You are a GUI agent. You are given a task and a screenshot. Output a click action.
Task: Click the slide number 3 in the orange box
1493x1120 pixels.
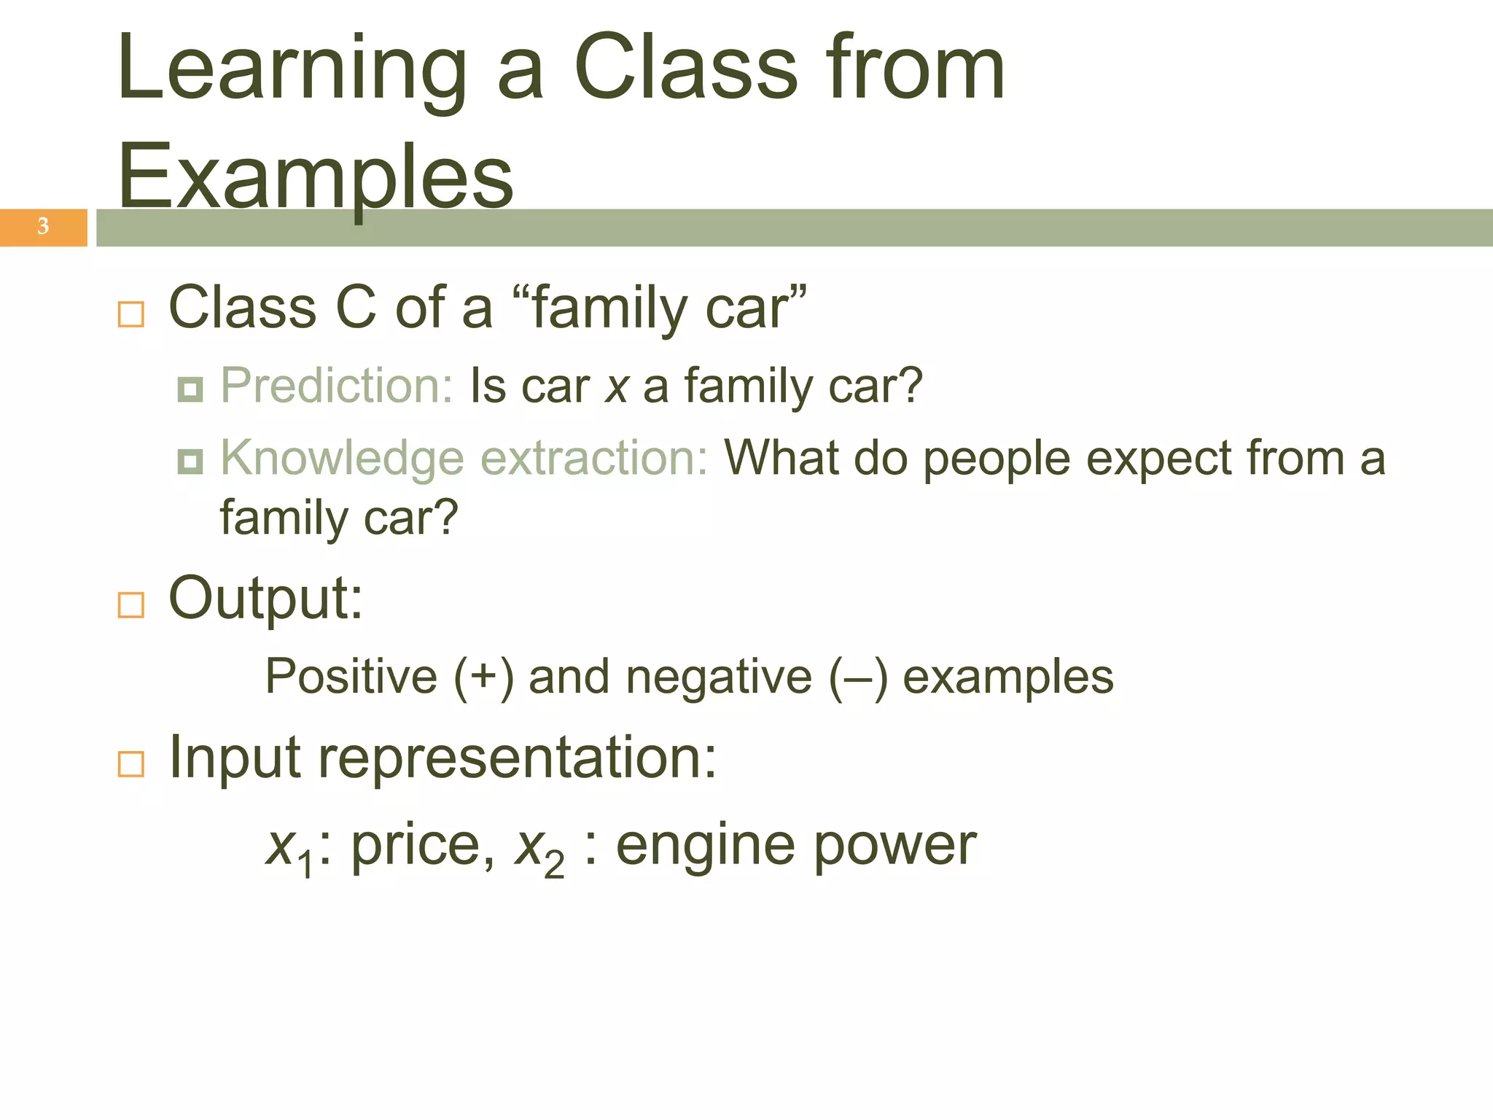pos(43,226)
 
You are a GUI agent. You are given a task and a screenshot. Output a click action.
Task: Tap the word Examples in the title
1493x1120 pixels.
pos(315,177)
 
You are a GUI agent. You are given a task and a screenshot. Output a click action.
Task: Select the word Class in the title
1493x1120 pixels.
pos(685,69)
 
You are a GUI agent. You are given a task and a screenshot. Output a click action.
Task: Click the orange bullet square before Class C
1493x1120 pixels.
pos(131,314)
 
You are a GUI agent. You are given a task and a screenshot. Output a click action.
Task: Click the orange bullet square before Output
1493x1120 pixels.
pos(131,604)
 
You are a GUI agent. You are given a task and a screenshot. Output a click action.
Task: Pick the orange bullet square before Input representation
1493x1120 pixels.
pos(131,763)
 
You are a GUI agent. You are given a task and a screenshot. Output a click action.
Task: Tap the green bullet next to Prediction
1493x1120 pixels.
pos(190,390)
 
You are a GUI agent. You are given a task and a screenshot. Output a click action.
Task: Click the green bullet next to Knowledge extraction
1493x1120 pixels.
pos(190,461)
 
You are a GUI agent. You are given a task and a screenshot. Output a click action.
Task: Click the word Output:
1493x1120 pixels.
pos(265,598)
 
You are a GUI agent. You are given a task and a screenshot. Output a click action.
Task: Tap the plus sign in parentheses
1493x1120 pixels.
pos(483,677)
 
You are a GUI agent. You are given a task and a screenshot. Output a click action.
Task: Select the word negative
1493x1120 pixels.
pos(718,677)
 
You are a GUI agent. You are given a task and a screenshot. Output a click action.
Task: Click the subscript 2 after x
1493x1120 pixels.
pos(554,866)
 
